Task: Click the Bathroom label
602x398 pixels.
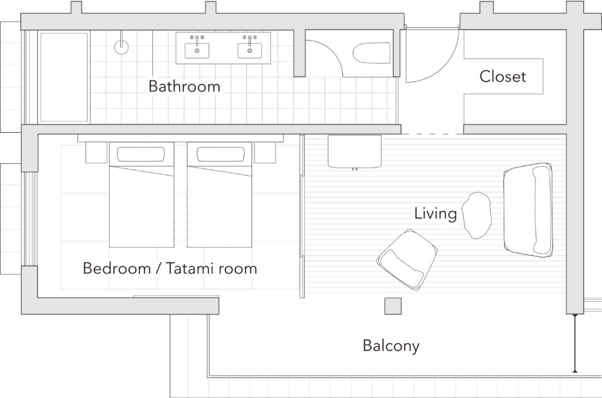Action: [184, 87]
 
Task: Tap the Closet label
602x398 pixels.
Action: [503, 77]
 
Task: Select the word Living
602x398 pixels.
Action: [435, 213]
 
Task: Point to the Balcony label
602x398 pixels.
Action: [391, 346]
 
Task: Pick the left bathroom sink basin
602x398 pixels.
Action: [197, 50]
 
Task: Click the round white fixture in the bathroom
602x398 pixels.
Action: [122, 47]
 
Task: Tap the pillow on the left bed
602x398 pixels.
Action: [141, 154]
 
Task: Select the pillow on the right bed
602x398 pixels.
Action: [219, 154]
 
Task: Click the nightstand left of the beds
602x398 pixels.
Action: [96, 152]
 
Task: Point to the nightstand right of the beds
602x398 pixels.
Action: [265, 152]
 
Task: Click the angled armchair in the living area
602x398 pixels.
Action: [407, 260]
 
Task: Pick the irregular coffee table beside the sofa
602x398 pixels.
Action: [477, 215]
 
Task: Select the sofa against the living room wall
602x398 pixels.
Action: [528, 210]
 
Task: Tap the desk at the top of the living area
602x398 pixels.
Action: [355, 151]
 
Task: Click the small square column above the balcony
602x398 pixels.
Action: [393, 306]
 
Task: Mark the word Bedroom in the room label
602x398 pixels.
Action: [116, 268]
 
